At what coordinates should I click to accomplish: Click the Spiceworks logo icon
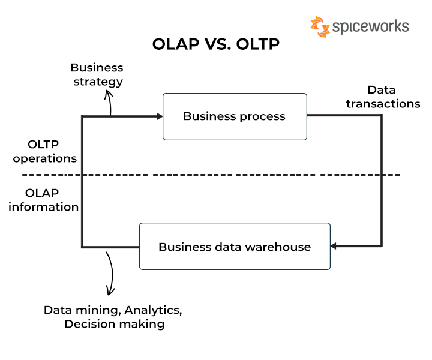pos(320,27)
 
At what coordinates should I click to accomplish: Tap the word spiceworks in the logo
pos(370,27)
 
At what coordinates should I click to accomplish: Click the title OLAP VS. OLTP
pos(216,45)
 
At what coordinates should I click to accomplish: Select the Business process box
pos(235,116)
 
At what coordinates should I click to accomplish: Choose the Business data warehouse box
pos(235,247)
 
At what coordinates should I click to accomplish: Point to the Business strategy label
pos(97,74)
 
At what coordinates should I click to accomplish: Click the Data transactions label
pos(383,97)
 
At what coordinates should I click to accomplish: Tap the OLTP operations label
pos(44,152)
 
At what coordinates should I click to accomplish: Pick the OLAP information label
pos(43,200)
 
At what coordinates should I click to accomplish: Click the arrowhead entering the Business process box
pos(160,116)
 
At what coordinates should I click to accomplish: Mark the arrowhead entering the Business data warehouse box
pos(334,246)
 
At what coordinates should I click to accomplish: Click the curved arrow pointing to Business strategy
pos(109,102)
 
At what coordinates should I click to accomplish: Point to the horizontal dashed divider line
pos(210,175)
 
